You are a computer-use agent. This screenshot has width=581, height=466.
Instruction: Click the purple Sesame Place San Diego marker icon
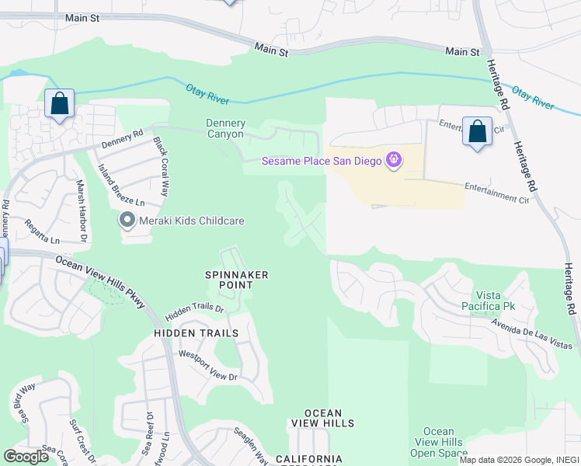coord(394,161)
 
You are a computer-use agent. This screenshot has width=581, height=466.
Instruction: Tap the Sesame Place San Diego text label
coord(321,161)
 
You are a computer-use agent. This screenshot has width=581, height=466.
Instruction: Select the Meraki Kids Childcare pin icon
coord(127,221)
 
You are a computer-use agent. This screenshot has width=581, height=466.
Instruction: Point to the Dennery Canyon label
coord(226,129)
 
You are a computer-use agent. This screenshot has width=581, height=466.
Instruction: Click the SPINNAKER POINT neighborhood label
coord(237,280)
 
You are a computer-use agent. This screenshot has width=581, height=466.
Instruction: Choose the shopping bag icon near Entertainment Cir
coord(477,131)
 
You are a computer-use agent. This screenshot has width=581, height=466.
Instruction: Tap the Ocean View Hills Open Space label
coord(439,442)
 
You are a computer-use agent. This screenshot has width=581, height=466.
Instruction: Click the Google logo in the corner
coord(26,457)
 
